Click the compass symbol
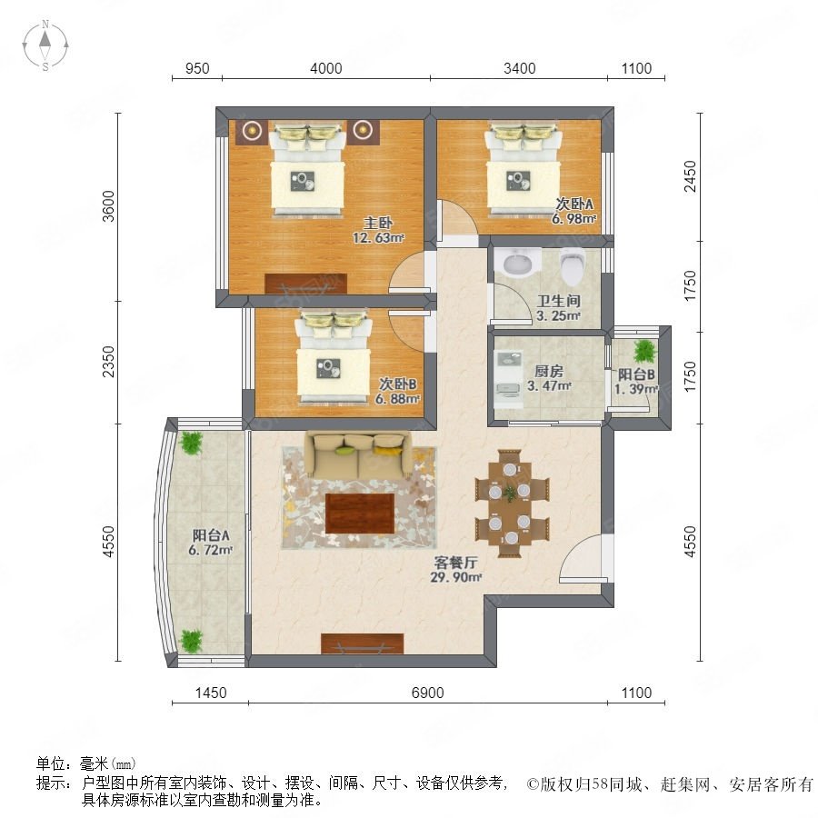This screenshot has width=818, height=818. pos(45,45)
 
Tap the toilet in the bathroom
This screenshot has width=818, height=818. pos(572,266)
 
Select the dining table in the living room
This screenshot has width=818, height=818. pos(512,503)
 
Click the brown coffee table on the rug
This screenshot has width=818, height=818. pos(360,514)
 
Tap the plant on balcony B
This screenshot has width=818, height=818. pos(646,351)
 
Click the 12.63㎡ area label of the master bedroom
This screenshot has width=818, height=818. pos(379,238)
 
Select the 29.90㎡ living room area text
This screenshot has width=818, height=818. pos(455,577)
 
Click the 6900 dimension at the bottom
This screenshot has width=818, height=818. pos(428,693)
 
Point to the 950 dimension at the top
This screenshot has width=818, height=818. pos(197,68)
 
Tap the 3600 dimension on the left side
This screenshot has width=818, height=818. pos(108,206)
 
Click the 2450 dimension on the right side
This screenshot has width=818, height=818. pos(690,176)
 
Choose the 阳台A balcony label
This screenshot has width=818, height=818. pos(211,534)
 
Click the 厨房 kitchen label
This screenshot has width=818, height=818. pos(549,372)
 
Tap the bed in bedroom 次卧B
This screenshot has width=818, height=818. pos(334,357)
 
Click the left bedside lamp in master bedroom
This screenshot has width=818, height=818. pos(253,130)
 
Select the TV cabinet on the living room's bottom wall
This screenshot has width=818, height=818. pos(363,643)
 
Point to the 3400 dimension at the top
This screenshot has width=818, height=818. pos(520,68)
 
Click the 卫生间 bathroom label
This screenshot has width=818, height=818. pos(559,301)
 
